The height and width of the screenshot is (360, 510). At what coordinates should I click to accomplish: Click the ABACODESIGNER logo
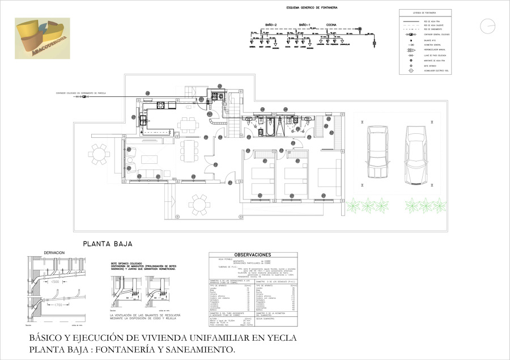pyautogui.click(x=42, y=39)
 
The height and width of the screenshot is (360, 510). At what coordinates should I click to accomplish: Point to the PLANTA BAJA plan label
pyautogui.click(x=108, y=244)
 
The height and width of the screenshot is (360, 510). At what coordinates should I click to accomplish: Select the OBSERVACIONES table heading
pyautogui.click(x=253, y=255)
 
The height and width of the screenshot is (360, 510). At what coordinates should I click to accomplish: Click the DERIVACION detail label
pyautogui.click(x=54, y=253)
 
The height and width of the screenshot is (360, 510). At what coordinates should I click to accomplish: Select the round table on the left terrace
pyautogui.click(x=100, y=154)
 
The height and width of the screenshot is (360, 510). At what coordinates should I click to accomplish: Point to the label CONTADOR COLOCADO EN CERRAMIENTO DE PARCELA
pyautogui.click(x=80, y=92)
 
